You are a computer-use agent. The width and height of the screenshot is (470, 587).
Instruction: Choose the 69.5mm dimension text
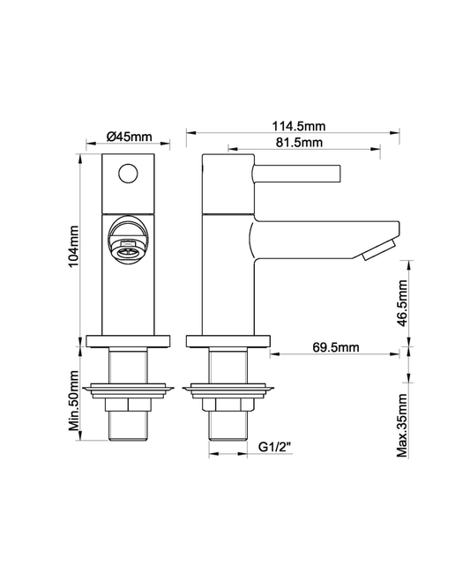tap(335, 347)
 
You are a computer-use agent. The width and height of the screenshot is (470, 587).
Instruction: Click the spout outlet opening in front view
tap(128, 247)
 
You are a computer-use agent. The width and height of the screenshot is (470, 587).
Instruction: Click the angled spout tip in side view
tap(377, 249)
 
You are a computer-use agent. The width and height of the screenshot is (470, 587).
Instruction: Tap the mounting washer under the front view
tap(129, 388)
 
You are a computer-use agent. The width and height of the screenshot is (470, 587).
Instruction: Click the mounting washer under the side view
tap(228, 388)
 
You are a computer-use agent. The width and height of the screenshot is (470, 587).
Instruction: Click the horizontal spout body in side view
tap(317, 238)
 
